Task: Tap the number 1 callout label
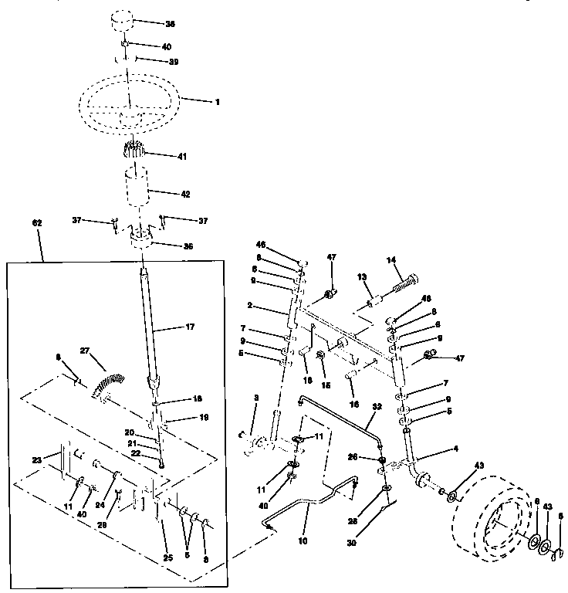217,101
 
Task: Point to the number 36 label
187,246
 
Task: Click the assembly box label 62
37,222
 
